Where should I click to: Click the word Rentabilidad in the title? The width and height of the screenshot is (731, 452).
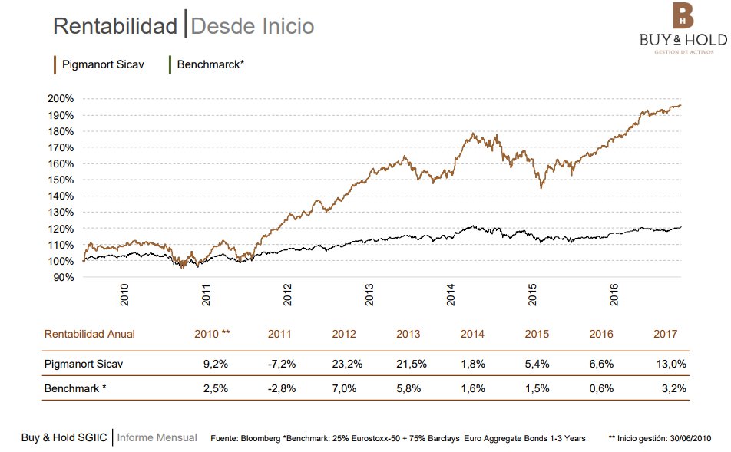114,26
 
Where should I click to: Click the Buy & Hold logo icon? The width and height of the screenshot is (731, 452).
683,16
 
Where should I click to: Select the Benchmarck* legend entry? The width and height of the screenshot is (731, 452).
210,64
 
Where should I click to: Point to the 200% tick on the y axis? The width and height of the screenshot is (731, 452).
60,99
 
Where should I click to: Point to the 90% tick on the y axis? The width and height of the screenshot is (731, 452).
63,277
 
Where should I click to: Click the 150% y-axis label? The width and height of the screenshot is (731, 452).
60,180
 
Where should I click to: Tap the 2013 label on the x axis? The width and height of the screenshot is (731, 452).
369,295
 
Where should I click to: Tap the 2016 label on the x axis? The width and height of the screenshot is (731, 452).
614,295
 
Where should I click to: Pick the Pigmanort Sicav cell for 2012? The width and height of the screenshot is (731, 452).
344,363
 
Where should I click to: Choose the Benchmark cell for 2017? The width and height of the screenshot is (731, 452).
673,388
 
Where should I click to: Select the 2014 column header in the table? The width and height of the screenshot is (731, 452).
472,334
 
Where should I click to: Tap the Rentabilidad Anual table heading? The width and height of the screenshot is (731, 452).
90,334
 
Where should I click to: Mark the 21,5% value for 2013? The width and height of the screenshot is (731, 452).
408,363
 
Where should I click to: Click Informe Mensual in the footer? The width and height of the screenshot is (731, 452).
157,437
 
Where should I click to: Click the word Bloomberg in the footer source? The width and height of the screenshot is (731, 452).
259,438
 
